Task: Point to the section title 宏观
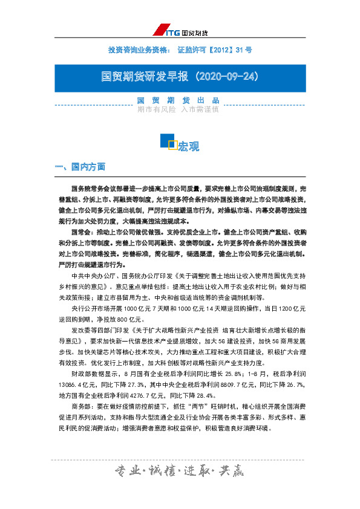click(189, 147)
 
